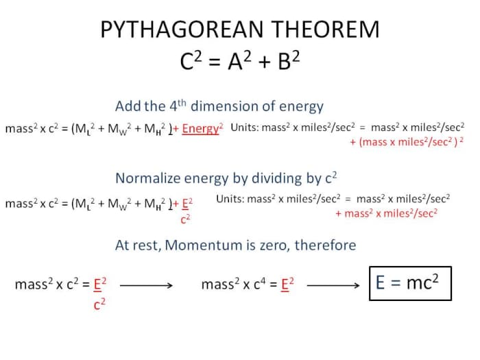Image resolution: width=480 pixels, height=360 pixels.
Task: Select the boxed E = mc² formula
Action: pyautogui.click(x=411, y=283)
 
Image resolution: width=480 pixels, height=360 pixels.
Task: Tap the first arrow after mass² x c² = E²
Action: pyautogui.click(x=149, y=284)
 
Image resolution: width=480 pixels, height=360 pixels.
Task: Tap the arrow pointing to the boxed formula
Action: pyautogui.click(x=333, y=284)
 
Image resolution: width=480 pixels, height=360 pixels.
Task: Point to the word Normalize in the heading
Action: pyautogui.click(x=147, y=178)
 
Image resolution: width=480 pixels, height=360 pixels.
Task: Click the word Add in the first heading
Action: pyautogui.click(x=128, y=106)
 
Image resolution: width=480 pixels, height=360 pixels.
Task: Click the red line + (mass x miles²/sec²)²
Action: pyautogui.click(x=407, y=141)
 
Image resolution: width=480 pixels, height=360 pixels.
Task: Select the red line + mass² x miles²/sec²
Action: pyautogui.click(x=387, y=213)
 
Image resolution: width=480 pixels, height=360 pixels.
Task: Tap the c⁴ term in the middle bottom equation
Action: pyautogui.click(x=256, y=283)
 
